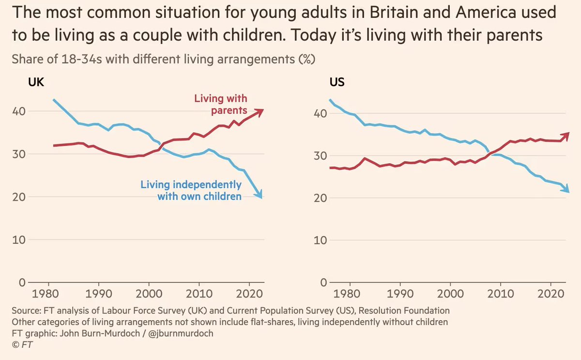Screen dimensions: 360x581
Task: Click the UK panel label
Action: coord(36,82)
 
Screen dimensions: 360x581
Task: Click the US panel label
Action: coord(336,82)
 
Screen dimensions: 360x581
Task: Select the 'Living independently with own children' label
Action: coord(191,190)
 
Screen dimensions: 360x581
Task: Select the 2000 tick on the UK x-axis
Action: coord(149,294)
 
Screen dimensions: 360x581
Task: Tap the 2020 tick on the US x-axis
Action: coord(551,294)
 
